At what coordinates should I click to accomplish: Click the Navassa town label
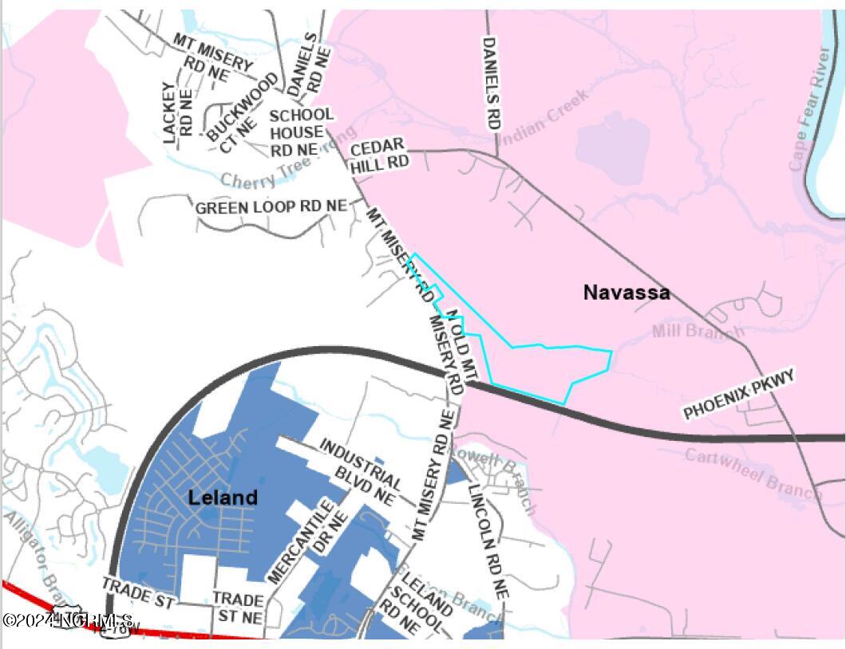(x=626, y=293)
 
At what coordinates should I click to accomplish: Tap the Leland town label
(x=223, y=498)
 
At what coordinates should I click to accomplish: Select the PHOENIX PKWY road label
(x=739, y=395)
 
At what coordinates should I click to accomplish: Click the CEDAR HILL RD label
(x=380, y=154)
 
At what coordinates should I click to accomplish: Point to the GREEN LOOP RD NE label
(x=271, y=206)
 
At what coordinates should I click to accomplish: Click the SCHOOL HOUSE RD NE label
(x=300, y=132)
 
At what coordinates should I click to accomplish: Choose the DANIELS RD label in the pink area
(x=490, y=83)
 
